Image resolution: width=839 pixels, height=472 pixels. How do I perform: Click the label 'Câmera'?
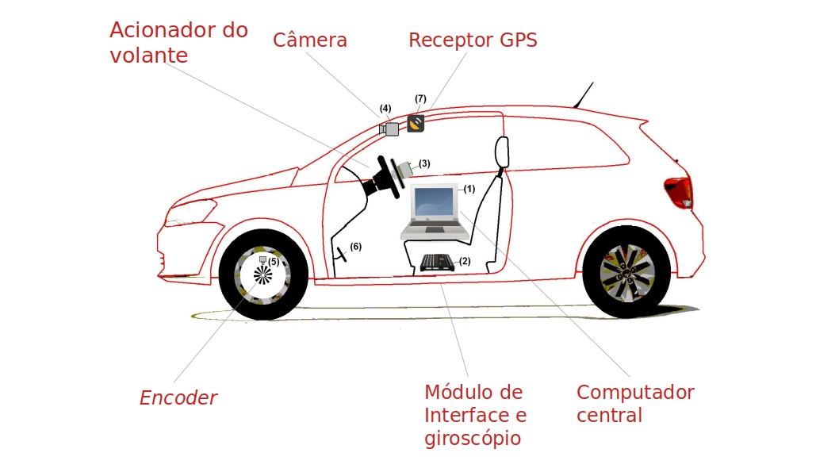tap(310, 40)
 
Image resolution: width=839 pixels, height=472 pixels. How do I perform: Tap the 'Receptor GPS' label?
tap(473, 40)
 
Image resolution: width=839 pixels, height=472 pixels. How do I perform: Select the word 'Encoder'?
tap(178, 397)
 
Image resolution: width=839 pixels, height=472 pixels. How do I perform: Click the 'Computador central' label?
tap(635, 404)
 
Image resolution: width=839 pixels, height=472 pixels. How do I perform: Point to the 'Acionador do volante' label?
tap(178, 42)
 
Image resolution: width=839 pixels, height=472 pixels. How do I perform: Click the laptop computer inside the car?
tap(435, 212)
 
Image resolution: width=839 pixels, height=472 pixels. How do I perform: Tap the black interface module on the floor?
tap(438, 262)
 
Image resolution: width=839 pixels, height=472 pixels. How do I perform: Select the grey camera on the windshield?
tap(389, 129)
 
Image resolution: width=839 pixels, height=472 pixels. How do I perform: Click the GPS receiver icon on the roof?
tap(416, 123)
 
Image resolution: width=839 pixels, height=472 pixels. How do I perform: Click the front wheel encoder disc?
tap(262, 275)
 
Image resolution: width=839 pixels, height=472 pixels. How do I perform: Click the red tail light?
tap(679, 192)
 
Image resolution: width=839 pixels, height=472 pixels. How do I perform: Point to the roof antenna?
tap(583, 94)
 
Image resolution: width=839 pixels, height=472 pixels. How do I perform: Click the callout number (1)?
tap(469, 189)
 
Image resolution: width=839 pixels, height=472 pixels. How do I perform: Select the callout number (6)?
tap(356, 247)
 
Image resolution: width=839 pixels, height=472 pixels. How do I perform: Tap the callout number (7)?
tap(420, 99)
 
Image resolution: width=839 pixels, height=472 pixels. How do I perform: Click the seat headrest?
tap(502, 152)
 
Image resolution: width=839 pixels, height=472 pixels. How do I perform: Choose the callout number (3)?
tap(424, 163)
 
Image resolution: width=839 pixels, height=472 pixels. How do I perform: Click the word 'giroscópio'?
tap(465, 438)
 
